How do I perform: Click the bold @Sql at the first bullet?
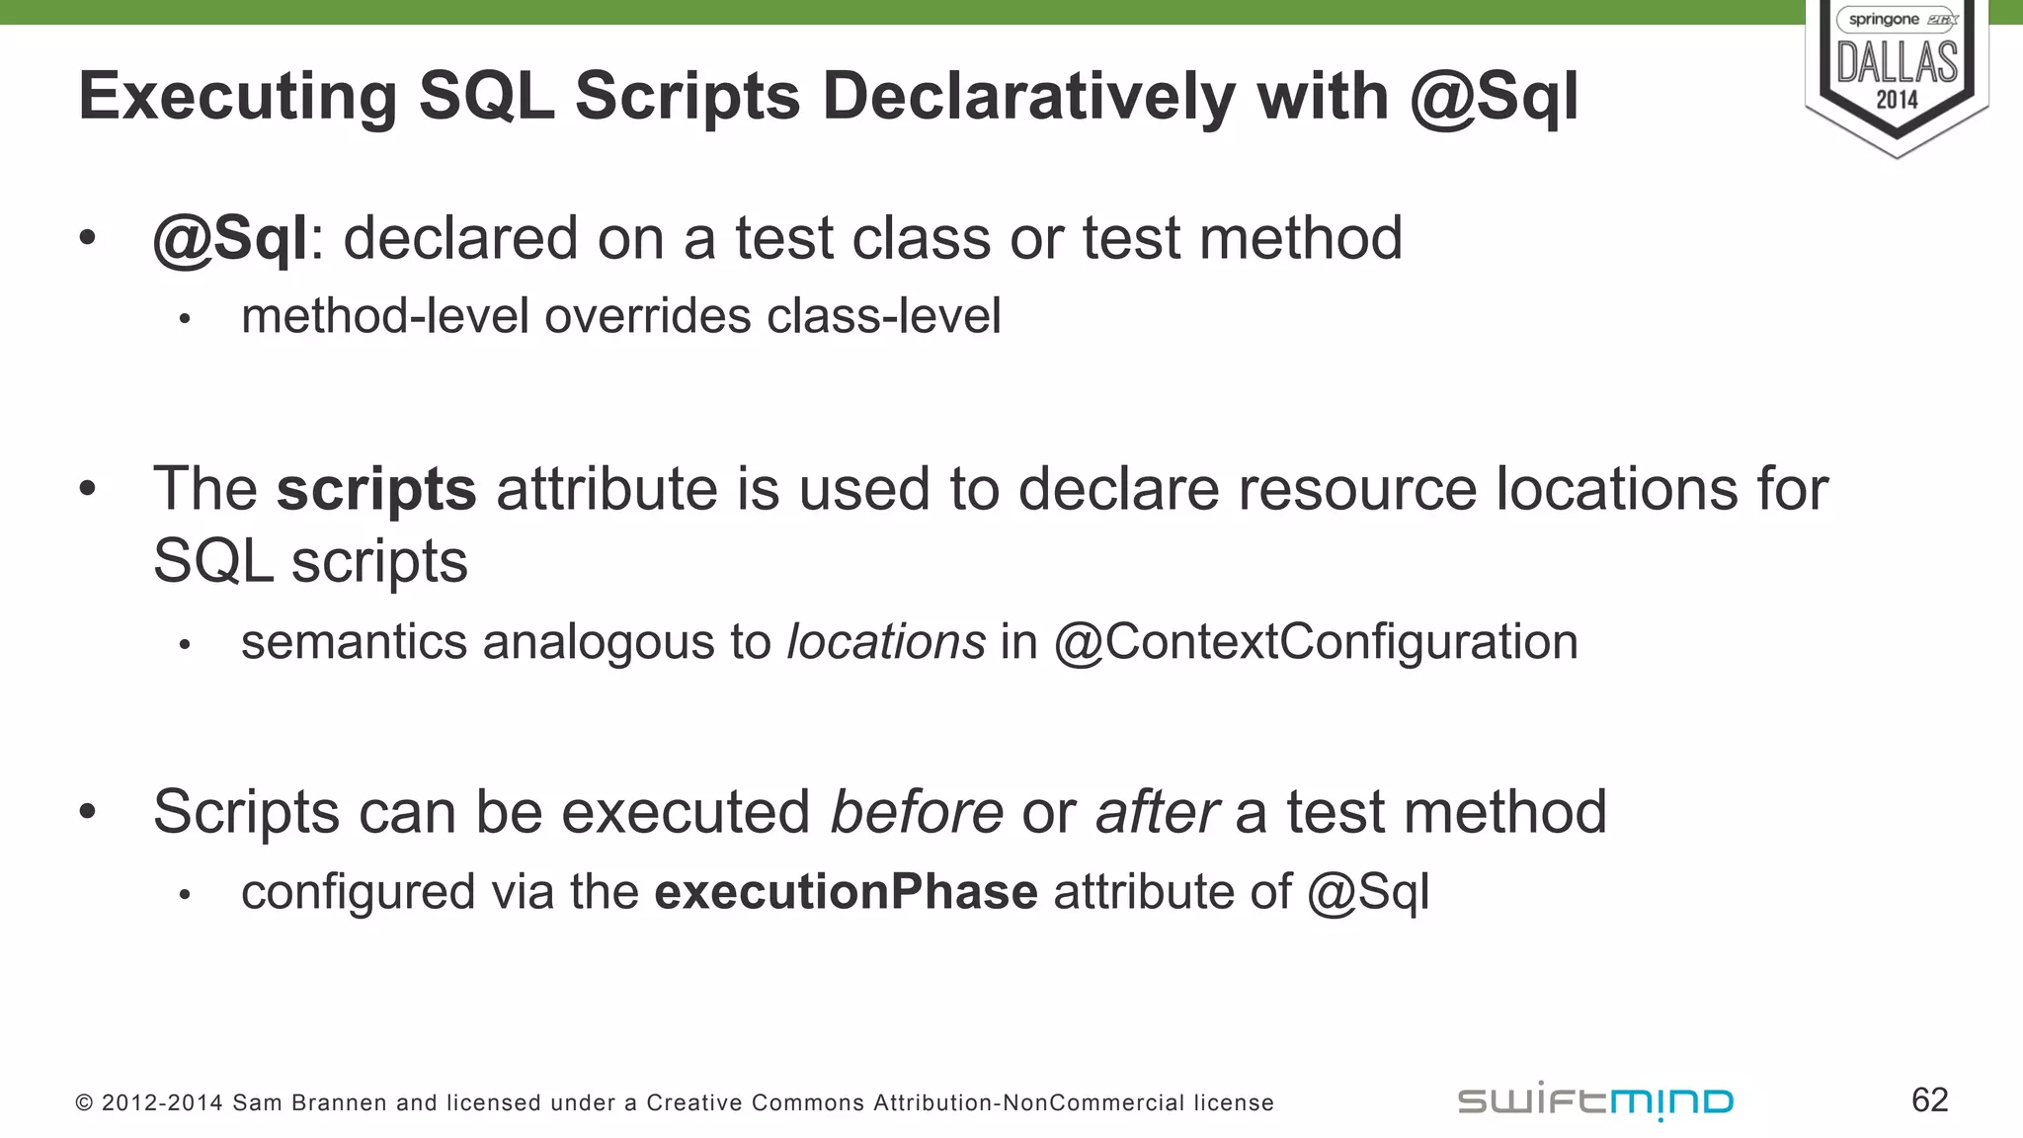(x=230, y=239)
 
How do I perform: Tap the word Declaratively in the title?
(x=1028, y=97)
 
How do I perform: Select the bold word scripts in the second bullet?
(x=376, y=489)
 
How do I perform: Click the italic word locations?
(x=886, y=642)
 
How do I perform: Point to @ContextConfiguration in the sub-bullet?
(x=1316, y=642)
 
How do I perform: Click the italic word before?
(x=917, y=812)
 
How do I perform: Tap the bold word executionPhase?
(x=846, y=892)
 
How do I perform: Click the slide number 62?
(x=1929, y=1099)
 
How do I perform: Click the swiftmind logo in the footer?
(x=1595, y=1100)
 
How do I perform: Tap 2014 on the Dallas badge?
(x=1897, y=100)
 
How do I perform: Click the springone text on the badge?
(x=1883, y=20)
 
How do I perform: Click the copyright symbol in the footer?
(x=84, y=1103)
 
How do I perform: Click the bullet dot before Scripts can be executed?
(x=88, y=812)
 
